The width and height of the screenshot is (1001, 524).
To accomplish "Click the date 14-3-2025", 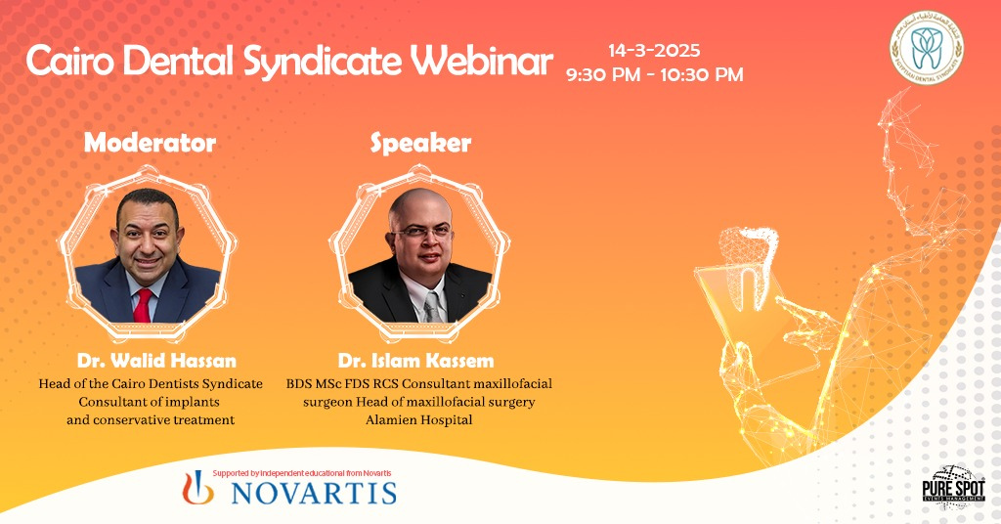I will (x=654, y=50).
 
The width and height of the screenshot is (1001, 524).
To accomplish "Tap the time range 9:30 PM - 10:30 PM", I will (x=654, y=74).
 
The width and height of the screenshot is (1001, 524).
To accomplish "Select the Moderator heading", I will (x=150, y=143).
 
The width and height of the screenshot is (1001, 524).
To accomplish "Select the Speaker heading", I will (x=420, y=143).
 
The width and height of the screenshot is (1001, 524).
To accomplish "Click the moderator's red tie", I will (x=143, y=304).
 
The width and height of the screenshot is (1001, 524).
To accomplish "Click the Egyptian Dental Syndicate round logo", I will (x=925, y=46).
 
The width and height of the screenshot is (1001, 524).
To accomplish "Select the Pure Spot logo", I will (x=954, y=485).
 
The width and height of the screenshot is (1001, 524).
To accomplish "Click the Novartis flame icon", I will (x=199, y=487).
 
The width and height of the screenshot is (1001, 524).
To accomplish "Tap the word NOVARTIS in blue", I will (x=313, y=491).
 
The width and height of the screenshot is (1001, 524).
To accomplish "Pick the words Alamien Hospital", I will (x=418, y=420).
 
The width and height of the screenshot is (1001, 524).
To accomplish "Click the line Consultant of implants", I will (x=150, y=402).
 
